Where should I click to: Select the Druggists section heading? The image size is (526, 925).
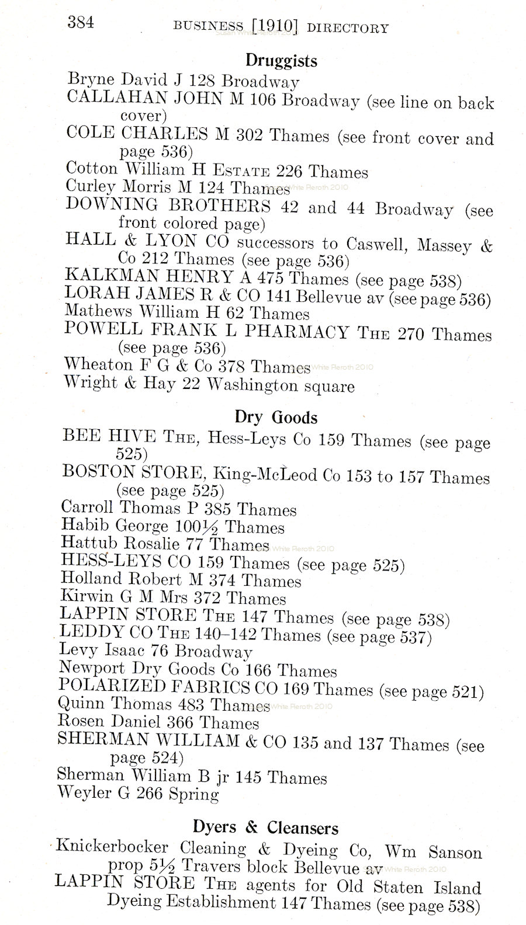[281, 60]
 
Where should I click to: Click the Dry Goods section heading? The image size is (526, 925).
[276, 417]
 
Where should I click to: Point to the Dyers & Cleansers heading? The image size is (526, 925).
[265, 827]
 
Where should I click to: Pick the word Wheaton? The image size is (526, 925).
[91, 364]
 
